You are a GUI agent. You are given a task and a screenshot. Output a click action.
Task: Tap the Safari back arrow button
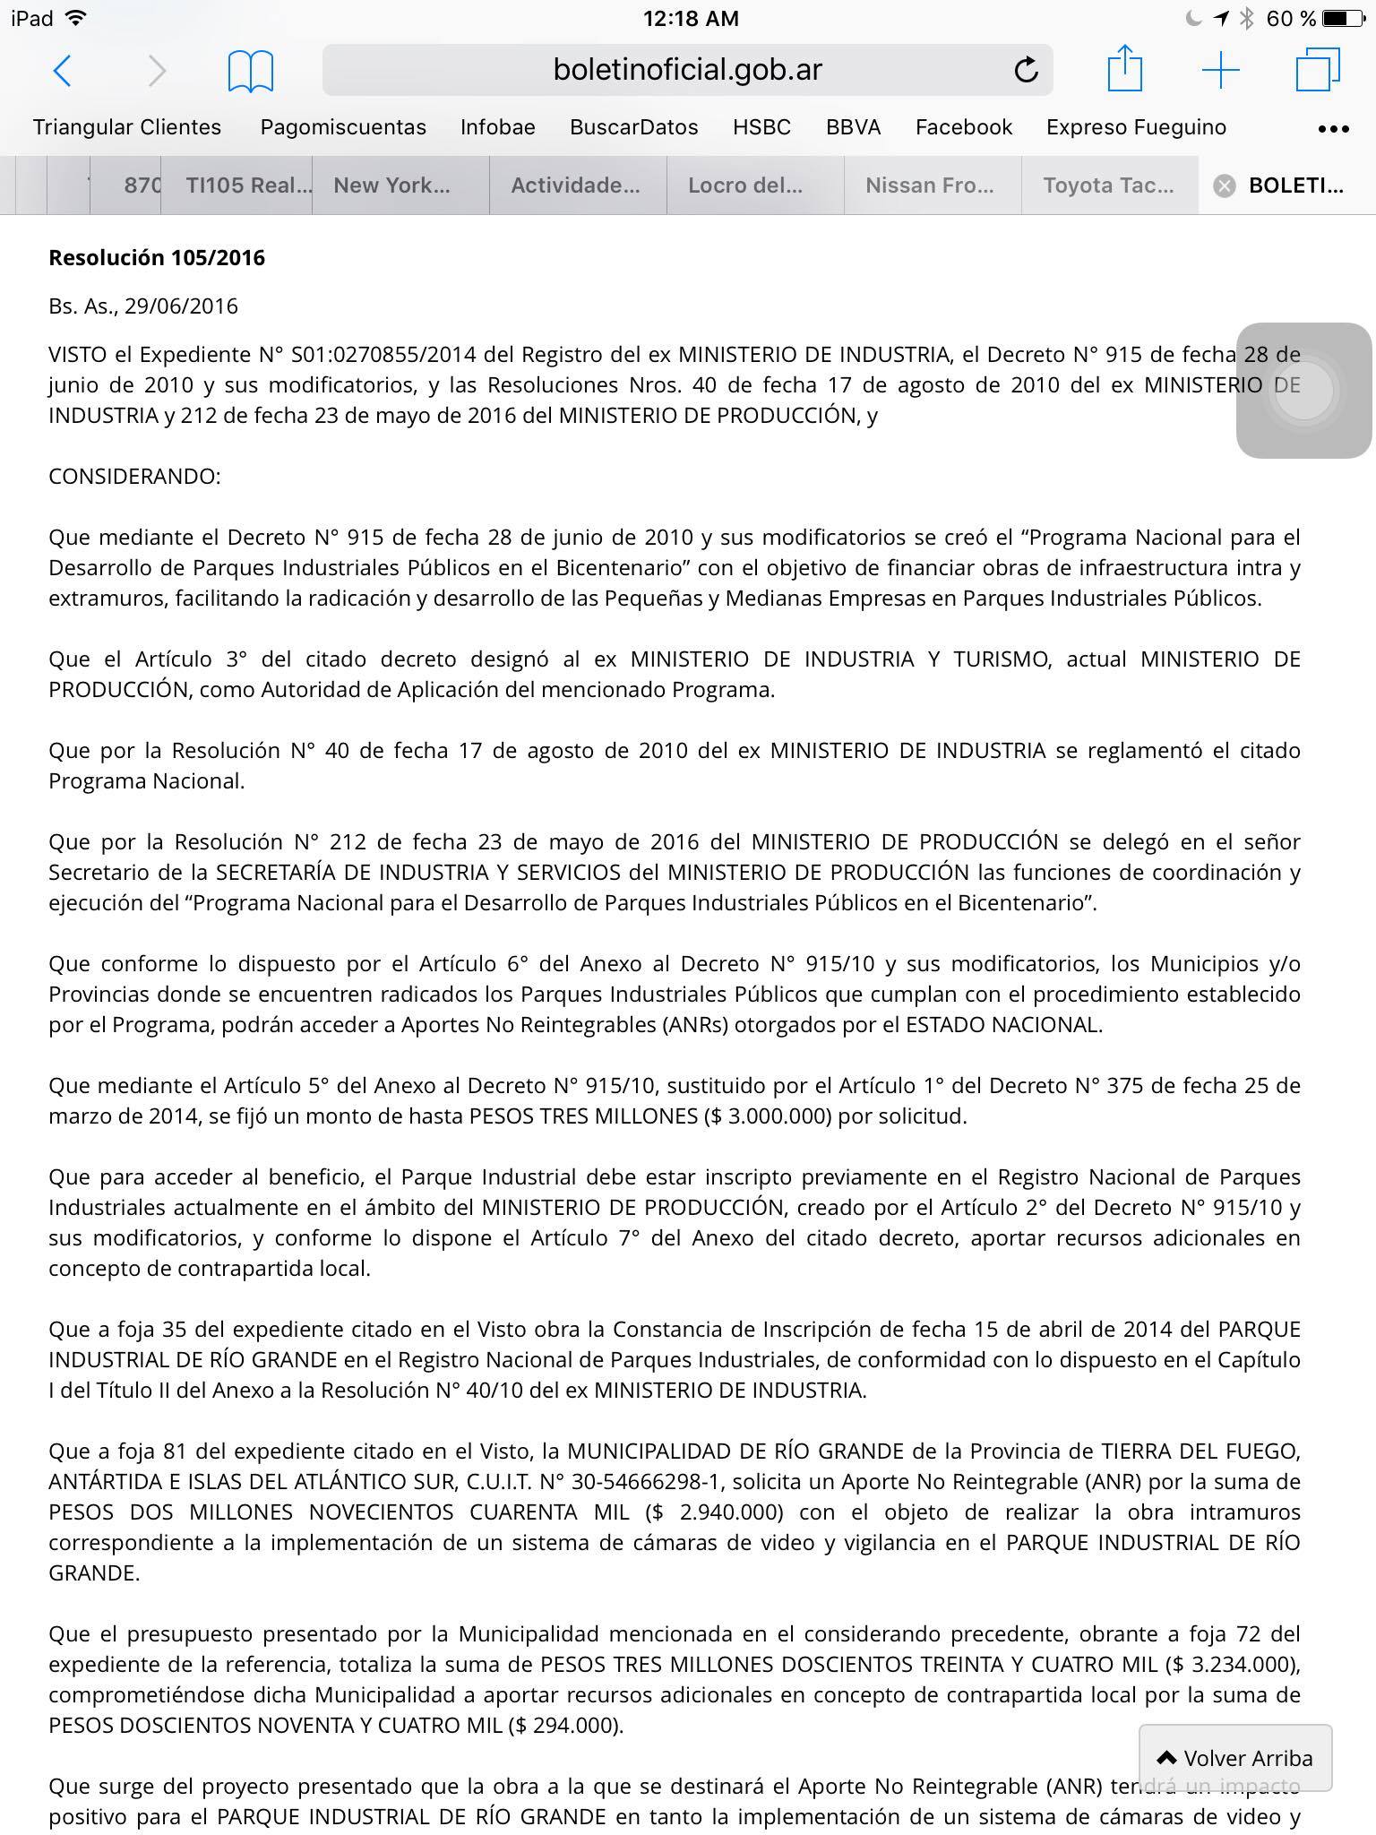pyautogui.click(x=62, y=70)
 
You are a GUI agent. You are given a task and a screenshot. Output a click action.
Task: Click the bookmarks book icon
pyautogui.click(x=250, y=71)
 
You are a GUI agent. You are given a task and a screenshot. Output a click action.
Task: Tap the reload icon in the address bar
pyautogui.click(x=1026, y=70)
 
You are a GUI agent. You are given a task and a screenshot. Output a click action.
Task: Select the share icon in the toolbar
pyautogui.click(x=1124, y=69)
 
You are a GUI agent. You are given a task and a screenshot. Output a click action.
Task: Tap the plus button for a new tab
pyautogui.click(x=1220, y=70)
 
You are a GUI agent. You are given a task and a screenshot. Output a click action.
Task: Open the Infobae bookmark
pyautogui.click(x=497, y=127)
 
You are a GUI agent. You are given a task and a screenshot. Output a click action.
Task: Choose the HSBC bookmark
pyautogui.click(x=761, y=127)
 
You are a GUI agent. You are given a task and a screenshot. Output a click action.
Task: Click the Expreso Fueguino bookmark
pyautogui.click(x=1136, y=127)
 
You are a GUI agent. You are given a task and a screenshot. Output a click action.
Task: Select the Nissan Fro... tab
pyautogui.click(x=929, y=185)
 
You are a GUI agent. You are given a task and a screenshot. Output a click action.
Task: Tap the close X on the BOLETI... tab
pyautogui.click(x=1224, y=185)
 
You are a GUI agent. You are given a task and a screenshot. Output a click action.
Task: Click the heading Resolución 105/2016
pyautogui.click(x=157, y=258)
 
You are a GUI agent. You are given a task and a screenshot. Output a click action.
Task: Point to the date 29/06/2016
pyautogui.click(x=181, y=306)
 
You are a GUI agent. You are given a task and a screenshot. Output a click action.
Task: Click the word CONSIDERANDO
pyautogui.click(x=134, y=476)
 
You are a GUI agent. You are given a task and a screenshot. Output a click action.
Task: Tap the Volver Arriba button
pyautogui.click(x=1235, y=1758)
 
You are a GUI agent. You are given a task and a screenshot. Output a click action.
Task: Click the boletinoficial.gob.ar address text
pyautogui.click(x=687, y=70)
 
